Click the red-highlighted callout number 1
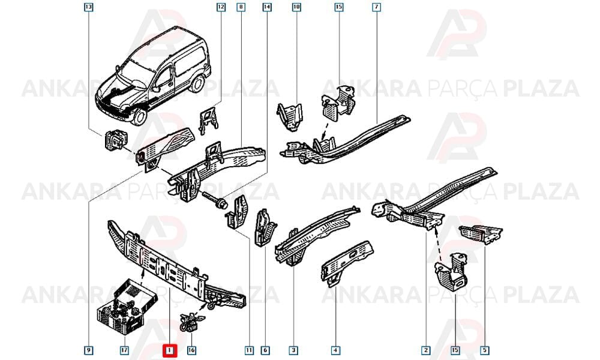[170, 350]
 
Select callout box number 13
[88, 7]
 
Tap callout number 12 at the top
[221, 7]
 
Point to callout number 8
[241, 7]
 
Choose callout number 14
[267, 7]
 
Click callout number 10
[296, 7]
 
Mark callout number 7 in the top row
[376, 7]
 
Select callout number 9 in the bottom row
[88, 350]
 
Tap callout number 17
[124, 350]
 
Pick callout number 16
[191, 350]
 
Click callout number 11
[249, 350]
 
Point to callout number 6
[265, 350]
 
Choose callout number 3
[293, 350]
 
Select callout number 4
[335, 350]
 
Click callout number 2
[425, 350]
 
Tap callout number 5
[485, 350]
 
